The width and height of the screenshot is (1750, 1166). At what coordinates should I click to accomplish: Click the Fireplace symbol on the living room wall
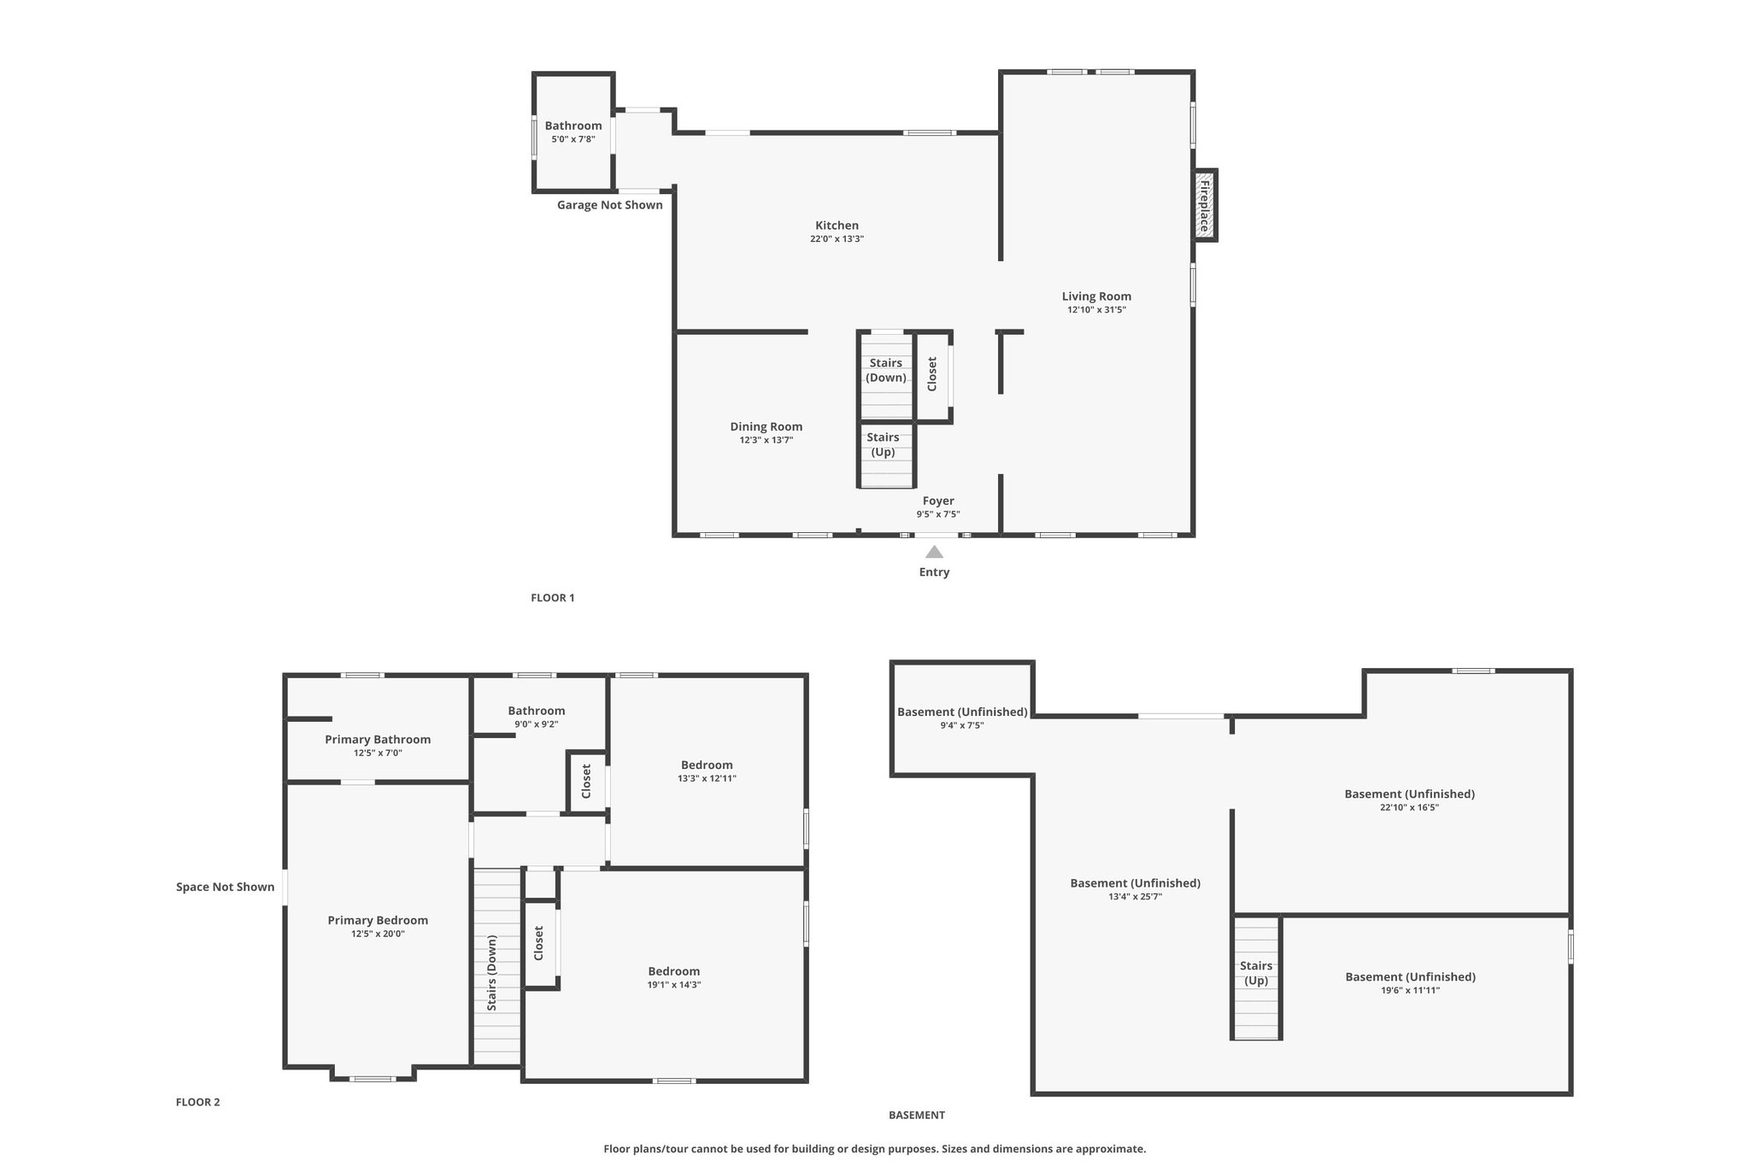pyautogui.click(x=1205, y=205)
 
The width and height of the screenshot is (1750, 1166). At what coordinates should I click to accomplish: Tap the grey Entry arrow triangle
pyautogui.click(x=934, y=552)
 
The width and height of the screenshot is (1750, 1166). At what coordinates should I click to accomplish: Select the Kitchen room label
pyautogui.click(x=837, y=226)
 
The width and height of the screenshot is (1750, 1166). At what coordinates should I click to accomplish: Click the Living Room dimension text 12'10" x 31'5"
pyautogui.click(x=1096, y=310)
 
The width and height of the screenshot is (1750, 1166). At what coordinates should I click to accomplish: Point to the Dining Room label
pyautogui.click(x=766, y=427)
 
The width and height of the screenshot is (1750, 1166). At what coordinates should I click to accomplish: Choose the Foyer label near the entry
pyautogui.click(x=938, y=501)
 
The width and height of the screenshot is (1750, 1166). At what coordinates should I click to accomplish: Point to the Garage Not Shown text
pyautogui.click(x=610, y=205)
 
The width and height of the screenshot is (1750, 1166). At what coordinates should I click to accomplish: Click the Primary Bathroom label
pyautogui.click(x=378, y=740)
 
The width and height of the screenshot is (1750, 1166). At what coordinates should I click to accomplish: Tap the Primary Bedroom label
pyautogui.click(x=378, y=921)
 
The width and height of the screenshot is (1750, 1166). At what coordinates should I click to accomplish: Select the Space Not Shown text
pyautogui.click(x=226, y=887)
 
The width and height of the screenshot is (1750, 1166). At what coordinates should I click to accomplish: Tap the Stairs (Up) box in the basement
pyautogui.click(x=1256, y=977)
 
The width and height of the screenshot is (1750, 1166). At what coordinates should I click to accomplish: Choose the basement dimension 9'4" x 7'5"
pyautogui.click(x=961, y=726)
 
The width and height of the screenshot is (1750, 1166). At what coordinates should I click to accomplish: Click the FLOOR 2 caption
pyautogui.click(x=198, y=1102)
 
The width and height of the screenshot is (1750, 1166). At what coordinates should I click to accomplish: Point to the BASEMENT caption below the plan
pyautogui.click(x=917, y=1115)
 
